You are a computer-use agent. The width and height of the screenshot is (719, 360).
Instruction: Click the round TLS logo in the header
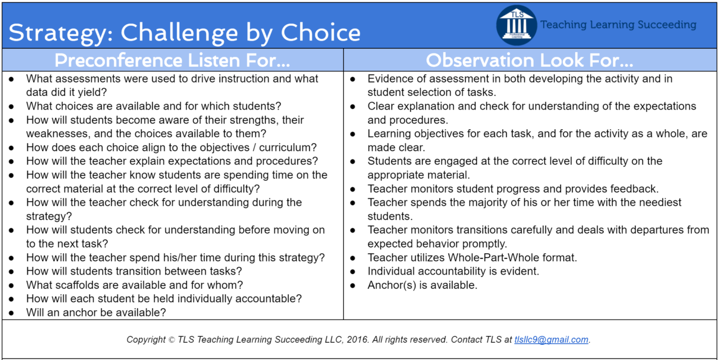click(517, 25)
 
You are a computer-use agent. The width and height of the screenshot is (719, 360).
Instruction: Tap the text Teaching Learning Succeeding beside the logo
click(618, 25)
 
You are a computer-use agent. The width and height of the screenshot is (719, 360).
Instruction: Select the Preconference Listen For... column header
click(172, 60)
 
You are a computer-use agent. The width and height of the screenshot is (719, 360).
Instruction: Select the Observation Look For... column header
click(530, 60)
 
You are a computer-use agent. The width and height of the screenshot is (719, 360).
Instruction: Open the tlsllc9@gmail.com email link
click(551, 340)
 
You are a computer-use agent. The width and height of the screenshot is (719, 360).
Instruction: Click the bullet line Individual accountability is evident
click(453, 271)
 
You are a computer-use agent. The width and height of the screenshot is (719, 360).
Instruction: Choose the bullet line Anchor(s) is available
click(422, 285)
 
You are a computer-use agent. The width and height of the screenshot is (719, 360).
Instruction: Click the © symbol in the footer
click(171, 340)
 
